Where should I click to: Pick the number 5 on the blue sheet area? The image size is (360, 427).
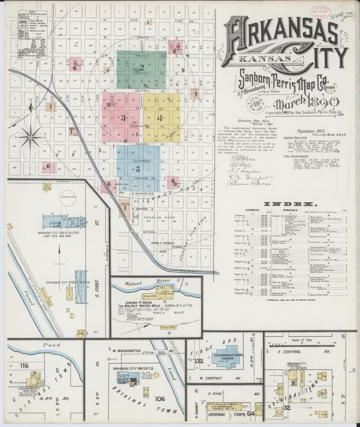point(137,169)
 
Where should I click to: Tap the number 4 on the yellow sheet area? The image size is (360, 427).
point(160,118)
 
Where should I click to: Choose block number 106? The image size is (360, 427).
point(160,399)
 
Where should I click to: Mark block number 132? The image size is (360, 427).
point(199,361)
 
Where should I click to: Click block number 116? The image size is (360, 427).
point(24,365)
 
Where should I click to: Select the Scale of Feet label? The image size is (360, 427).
point(301,340)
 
